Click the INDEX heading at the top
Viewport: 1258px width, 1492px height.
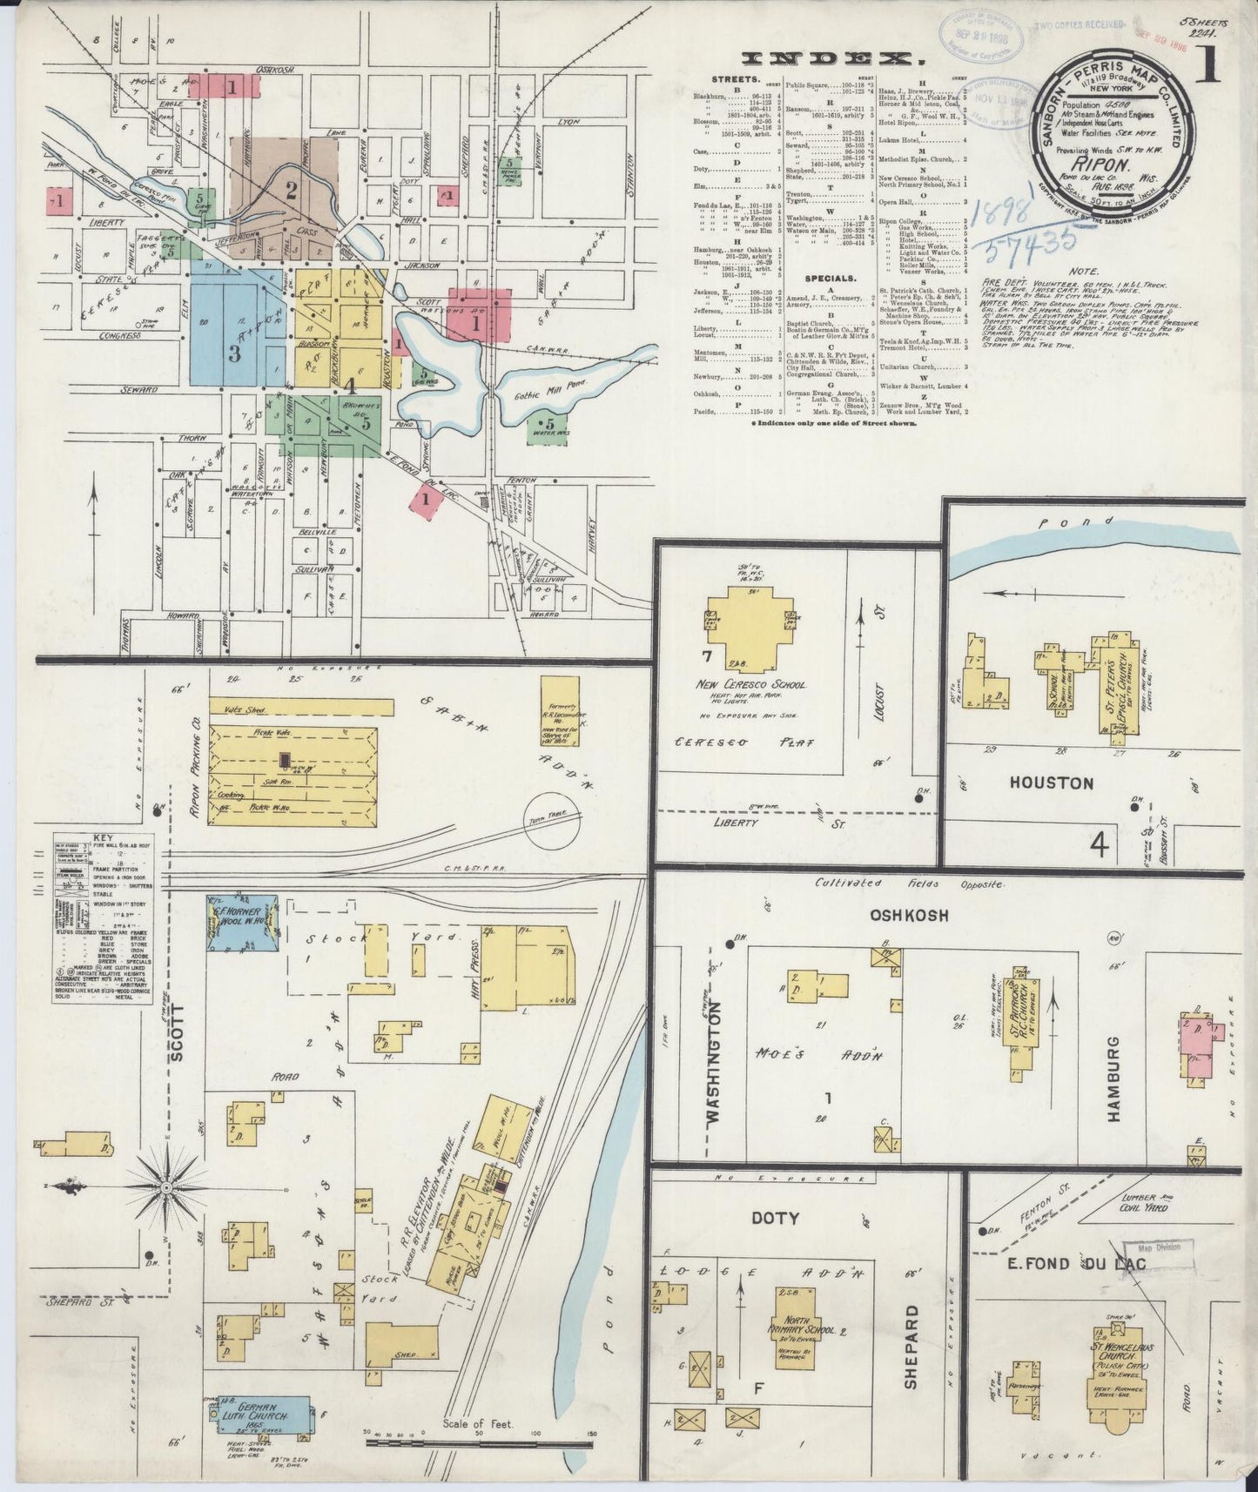(x=835, y=58)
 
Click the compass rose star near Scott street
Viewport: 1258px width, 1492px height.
(x=165, y=1186)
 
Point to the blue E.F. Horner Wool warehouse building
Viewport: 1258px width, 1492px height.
(x=242, y=923)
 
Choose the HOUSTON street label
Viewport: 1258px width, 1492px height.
(x=1052, y=783)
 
